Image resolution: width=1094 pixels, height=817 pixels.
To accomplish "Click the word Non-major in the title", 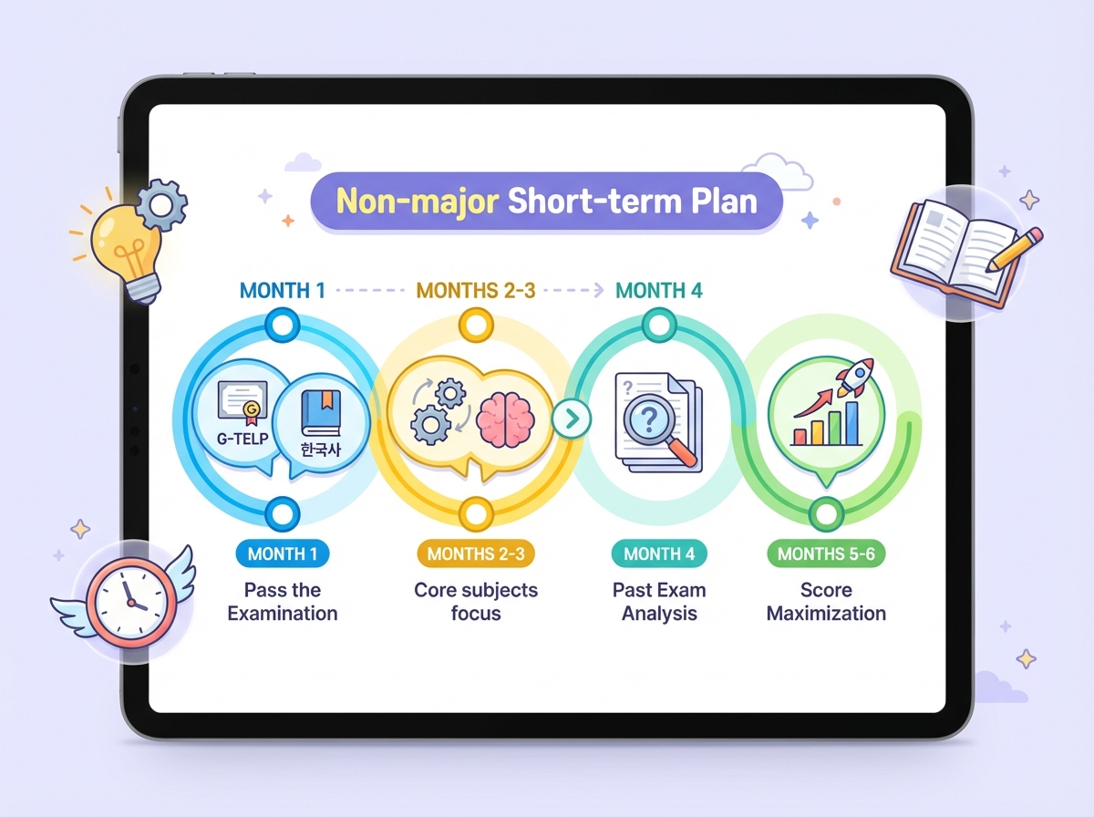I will coord(414,201).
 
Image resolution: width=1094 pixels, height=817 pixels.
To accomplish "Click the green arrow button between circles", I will coord(572,419).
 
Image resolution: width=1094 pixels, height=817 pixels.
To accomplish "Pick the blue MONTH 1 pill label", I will coord(283,553).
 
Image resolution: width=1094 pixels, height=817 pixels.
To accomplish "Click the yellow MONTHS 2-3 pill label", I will coord(475,553).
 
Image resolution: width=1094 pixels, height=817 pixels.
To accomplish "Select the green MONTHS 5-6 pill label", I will coord(826,553).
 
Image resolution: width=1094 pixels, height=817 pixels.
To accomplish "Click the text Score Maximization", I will coord(826,602).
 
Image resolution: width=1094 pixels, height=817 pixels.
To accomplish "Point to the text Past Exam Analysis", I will coord(659,602).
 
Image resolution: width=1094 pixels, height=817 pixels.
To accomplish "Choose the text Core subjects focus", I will coord(476,602).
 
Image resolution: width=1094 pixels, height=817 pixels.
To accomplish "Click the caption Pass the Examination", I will coord(283,602).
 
